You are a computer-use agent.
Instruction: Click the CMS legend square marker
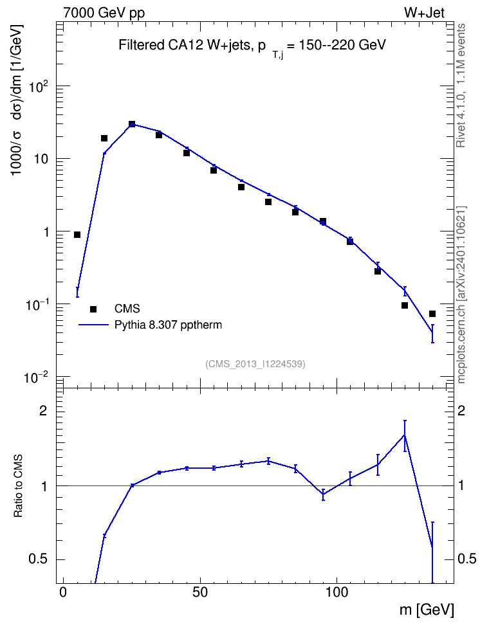click(93, 309)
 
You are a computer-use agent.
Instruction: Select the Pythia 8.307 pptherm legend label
click(168, 325)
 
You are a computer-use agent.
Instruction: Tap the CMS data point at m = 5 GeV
click(77, 235)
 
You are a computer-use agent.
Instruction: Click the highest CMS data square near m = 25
click(132, 124)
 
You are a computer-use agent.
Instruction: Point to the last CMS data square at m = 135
click(432, 314)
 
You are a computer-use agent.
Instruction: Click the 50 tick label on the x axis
click(200, 592)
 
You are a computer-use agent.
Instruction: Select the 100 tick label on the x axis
click(337, 592)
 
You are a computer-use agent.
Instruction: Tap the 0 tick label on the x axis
click(63, 592)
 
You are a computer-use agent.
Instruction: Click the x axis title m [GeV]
click(427, 610)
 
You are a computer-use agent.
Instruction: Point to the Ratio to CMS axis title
click(18, 486)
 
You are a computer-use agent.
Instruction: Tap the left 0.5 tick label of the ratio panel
click(38, 559)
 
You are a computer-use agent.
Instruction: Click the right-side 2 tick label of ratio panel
click(461, 410)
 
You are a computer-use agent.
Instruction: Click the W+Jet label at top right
click(424, 13)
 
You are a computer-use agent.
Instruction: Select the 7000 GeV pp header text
click(104, 13)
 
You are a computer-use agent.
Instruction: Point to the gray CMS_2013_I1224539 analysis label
click(255, 364)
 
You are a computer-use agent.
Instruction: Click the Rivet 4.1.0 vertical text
click(461, 86)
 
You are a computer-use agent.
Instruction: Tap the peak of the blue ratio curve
click(405, 435)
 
